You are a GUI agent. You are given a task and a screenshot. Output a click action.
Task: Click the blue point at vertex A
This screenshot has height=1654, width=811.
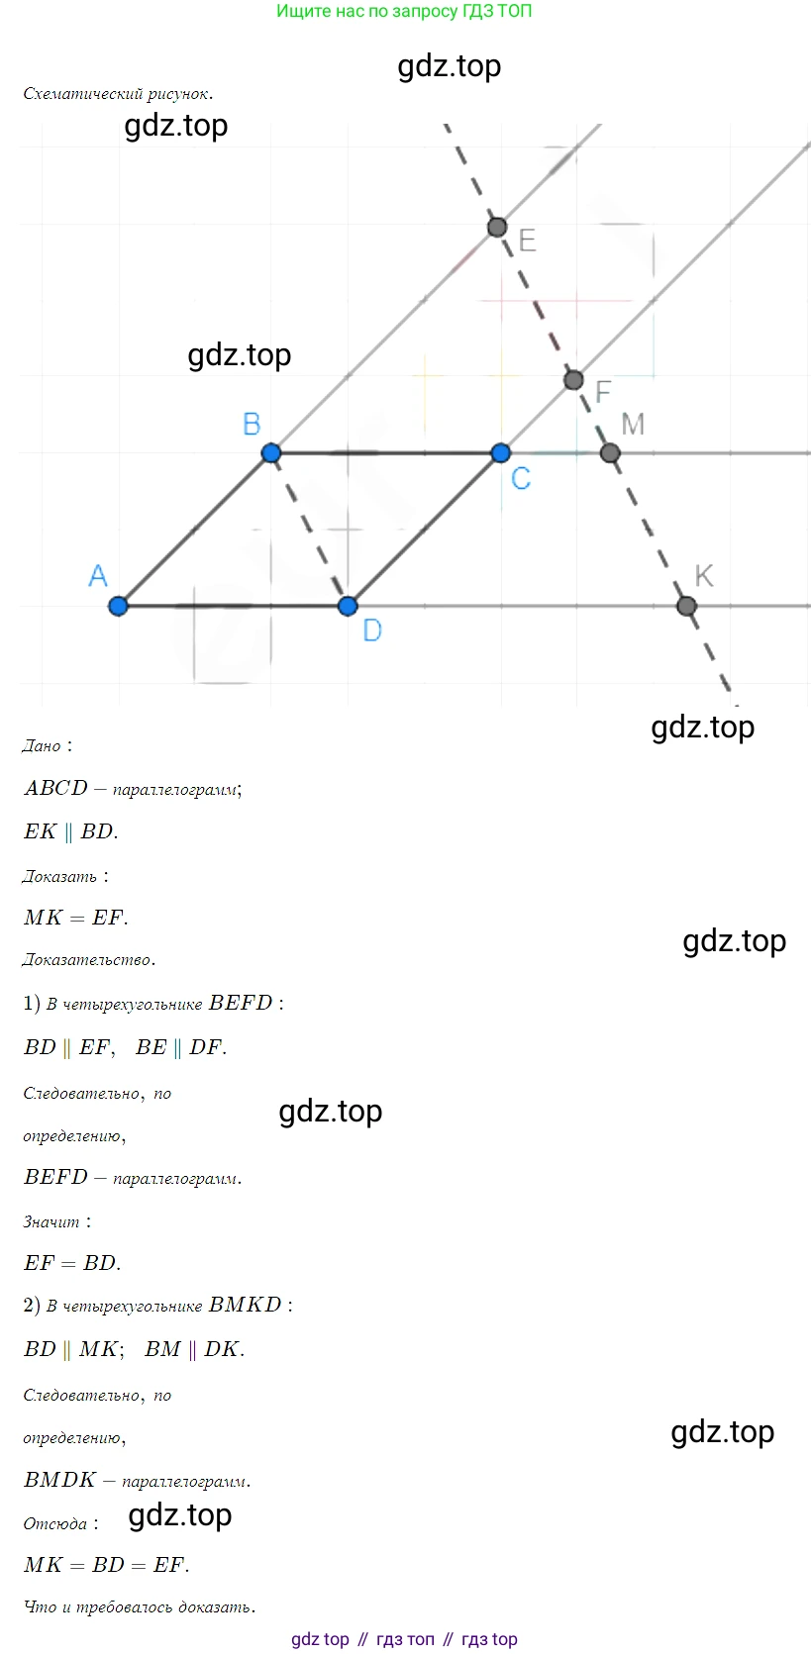point(118,606)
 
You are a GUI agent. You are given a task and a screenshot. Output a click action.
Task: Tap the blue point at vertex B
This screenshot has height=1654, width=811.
point(271,452)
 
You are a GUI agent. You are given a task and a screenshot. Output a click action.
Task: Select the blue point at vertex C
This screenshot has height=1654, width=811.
point(501,452)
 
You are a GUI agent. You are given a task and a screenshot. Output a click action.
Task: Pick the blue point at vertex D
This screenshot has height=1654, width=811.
point(348,606)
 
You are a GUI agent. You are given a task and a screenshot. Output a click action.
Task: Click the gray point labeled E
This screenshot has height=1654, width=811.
point(498,227)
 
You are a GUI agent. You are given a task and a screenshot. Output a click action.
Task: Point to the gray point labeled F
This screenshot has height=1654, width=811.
point(573,380)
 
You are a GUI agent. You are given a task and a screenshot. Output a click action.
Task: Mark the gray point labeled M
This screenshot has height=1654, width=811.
point(610,452)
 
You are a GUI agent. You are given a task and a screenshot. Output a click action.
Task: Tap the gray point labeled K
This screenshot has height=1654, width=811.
point(687,606)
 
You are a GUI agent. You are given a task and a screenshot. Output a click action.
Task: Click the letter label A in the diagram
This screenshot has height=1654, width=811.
point(97,575)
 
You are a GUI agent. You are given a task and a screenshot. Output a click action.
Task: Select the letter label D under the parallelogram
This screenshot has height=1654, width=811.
point(372,631)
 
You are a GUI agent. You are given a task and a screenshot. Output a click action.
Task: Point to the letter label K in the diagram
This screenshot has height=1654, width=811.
point(704,576)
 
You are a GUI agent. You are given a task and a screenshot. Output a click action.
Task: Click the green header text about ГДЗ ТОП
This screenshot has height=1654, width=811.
point(404,11)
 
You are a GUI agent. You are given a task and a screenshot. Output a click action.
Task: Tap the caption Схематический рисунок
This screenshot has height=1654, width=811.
point(118,94)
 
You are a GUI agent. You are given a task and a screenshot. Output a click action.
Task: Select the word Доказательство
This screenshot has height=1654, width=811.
point(89,960)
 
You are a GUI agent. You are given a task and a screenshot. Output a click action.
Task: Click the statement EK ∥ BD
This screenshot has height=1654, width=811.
point(71,831)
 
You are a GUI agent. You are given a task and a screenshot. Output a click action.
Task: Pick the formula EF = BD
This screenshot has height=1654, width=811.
point(72,1263)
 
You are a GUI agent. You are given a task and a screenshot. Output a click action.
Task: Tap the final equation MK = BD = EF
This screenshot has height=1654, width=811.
point(106,1565)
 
